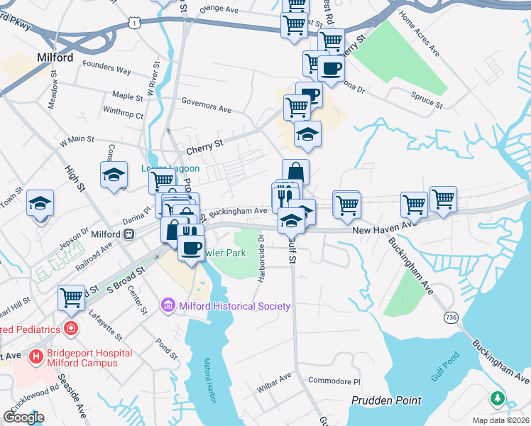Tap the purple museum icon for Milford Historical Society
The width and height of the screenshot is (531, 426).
168,306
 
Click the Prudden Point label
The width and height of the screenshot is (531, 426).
386,400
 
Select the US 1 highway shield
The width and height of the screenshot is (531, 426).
134,24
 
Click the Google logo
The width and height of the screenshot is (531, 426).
23,417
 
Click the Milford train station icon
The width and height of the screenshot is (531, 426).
128,234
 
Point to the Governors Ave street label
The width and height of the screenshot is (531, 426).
207,107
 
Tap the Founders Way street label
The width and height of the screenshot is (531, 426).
107,70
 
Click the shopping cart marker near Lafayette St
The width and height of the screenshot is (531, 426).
72,297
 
